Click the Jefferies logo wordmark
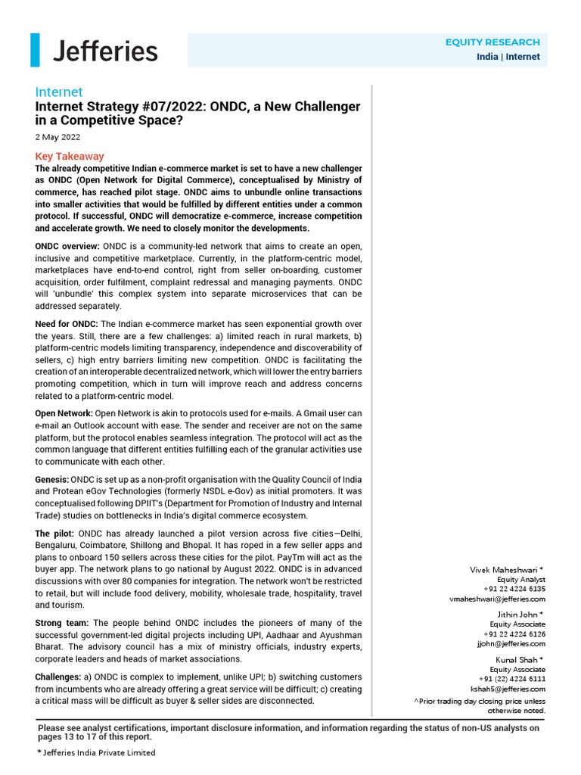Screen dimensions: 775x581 point(105,51)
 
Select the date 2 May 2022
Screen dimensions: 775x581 point(57,138)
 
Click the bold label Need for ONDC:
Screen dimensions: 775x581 point(67,324)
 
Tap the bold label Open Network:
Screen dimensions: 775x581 point(64,413)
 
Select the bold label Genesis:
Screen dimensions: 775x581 point(52,480)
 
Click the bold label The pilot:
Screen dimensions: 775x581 point(54,534)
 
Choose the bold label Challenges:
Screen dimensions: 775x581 point(58,677)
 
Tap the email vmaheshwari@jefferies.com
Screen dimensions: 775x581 point(496,598)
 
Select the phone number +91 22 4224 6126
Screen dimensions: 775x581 point(514,633)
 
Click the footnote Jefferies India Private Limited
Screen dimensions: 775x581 point(96,752)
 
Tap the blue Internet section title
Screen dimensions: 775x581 point(59,92)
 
